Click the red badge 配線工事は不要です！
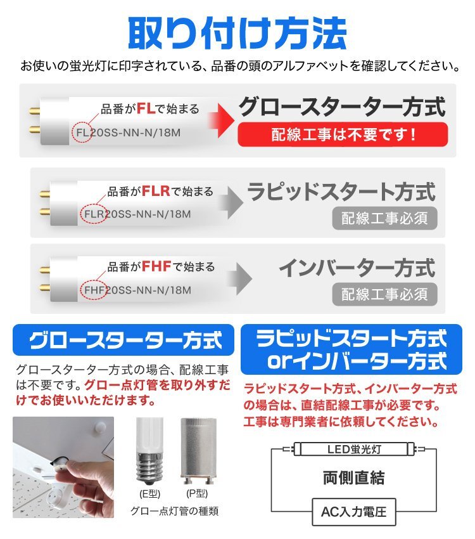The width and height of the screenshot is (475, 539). pos(343,134)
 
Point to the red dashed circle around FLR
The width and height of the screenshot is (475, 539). pos(94,214)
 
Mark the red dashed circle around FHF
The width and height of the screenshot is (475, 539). pos(94,290)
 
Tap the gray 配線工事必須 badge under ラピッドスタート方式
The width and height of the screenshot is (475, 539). pos(384,219)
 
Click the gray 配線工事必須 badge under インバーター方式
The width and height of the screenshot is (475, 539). pos(384,294)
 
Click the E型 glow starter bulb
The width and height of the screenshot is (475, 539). pos(149,451)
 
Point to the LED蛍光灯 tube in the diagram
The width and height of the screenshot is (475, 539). pos(354,450)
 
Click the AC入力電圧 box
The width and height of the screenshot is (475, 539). pos(353,510)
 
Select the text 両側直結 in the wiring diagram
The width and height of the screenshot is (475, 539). pos(353,477)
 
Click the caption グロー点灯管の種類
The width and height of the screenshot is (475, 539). pos(174,510)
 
